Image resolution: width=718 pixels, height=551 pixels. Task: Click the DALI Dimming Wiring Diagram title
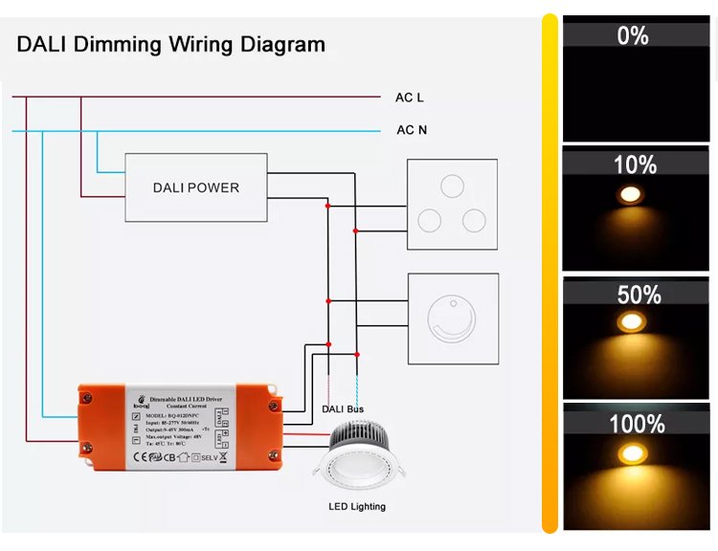[x=170, y=44]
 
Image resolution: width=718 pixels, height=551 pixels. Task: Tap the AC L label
[x=410, y=98]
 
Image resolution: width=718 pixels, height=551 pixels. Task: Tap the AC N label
[x=412, y=130]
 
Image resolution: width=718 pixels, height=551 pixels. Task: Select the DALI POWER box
[x=196, y=187]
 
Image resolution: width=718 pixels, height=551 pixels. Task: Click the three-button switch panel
[x=453, y=204]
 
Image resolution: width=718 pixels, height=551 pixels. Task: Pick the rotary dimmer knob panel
[x=453, y=318]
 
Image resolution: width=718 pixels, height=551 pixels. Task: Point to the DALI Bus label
[x=343, y=409]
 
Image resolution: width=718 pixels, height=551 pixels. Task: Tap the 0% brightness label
[x=633, y=36]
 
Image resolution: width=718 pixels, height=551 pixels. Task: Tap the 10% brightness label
[x=635, y=165]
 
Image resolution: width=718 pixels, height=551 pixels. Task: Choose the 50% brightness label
[x=639, y=295]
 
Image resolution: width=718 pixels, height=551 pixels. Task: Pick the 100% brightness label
[x=637, y=423]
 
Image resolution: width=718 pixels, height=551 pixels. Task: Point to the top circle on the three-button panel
[x=453, y=185]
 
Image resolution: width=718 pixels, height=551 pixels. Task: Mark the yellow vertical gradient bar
[x=550, y=274]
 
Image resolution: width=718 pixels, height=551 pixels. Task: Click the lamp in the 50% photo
[x=631, y=322]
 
